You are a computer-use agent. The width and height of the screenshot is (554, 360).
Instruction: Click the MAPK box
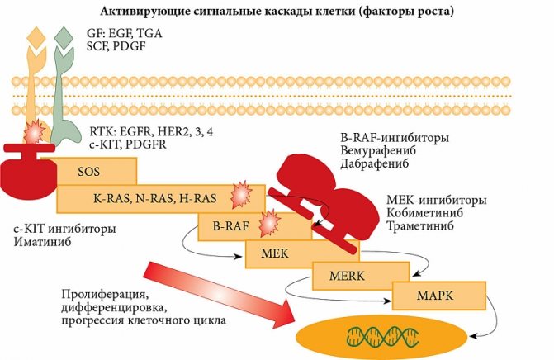tap(432, 294)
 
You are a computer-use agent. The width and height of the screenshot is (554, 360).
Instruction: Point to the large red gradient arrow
tap(223, 289)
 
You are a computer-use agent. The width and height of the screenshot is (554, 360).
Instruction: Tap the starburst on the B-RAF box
tap(271, 223)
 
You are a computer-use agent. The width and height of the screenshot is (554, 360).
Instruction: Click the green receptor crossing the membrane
tap(63, 91)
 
